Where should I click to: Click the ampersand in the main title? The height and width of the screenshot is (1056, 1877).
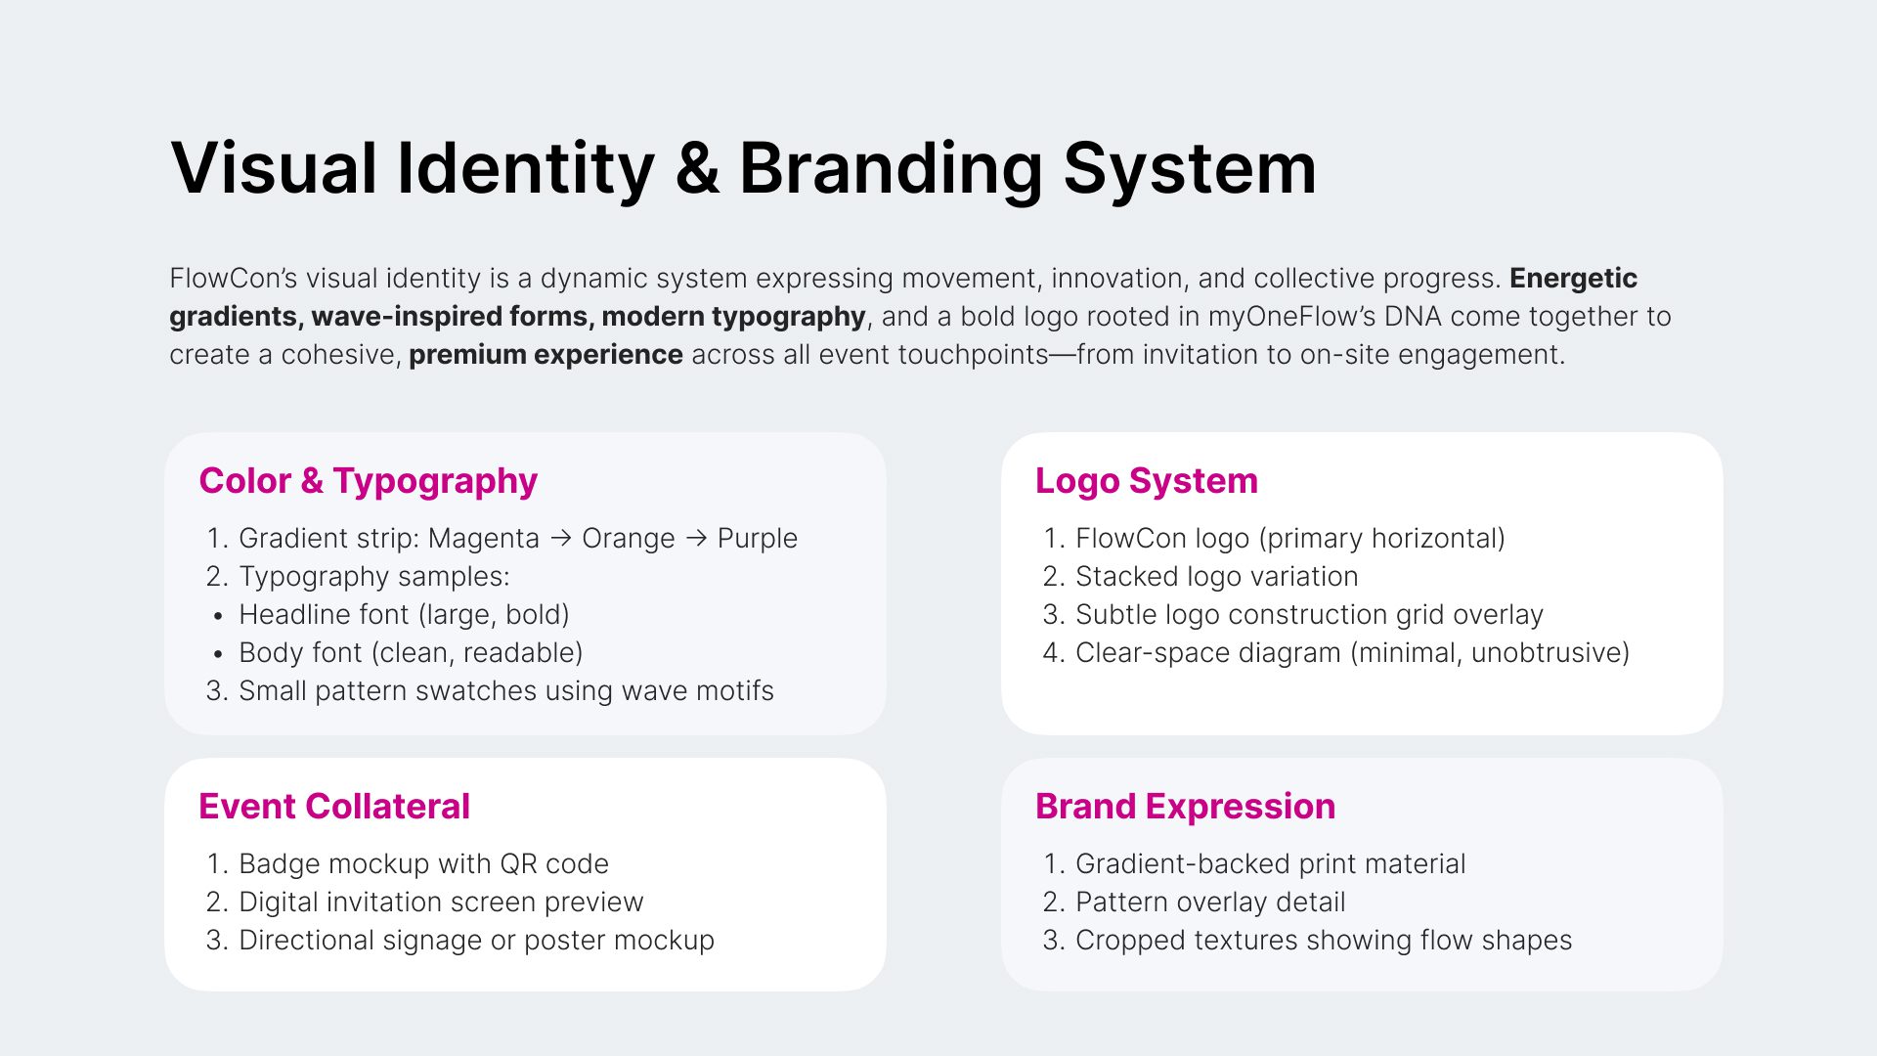coord(697,168)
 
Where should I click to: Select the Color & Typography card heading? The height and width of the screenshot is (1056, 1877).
coord(369,481)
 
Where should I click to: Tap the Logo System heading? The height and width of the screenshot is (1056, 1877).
coord(1147,481)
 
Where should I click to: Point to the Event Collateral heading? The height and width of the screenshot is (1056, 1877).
coord(334,807)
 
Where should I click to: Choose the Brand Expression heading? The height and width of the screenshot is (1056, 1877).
coord(1186,807)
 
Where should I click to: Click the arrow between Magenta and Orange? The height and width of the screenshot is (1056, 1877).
coord(561,538)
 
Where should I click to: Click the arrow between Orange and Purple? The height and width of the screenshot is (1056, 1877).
coord(696,538)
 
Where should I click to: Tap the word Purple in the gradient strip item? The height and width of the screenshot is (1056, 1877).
coord(758,539)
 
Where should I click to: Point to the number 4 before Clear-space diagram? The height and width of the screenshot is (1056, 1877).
coord(1053,653)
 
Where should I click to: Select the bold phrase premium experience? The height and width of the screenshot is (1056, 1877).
coord(546,355)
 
